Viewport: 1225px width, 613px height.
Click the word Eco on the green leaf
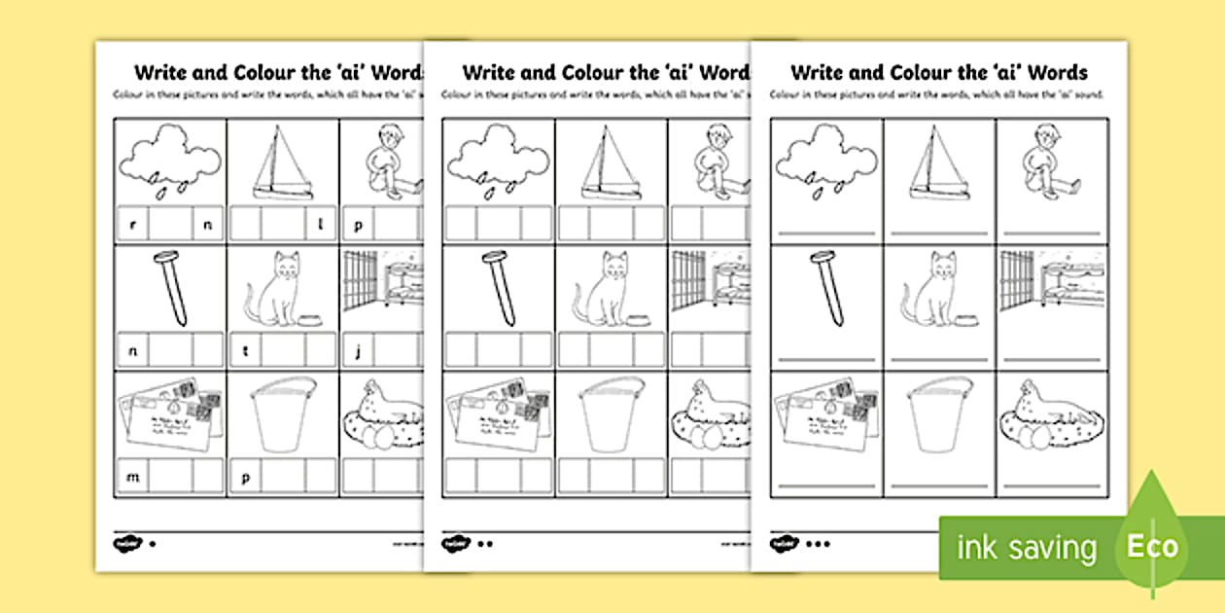[x=1152, y=546]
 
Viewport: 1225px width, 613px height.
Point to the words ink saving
[x=1027, y=547]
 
